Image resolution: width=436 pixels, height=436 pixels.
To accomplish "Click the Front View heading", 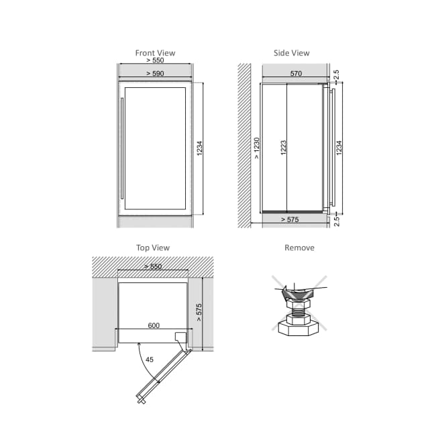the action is (x=155, y=53).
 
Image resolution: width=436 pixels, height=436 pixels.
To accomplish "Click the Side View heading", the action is (x=291, y=53).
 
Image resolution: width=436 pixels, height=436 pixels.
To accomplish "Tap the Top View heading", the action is (x=153, y=248).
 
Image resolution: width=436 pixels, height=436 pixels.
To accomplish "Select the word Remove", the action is (x=299, y=248).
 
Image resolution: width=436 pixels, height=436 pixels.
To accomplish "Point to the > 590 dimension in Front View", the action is (x=155, y=73).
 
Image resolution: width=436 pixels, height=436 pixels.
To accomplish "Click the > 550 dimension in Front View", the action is (x=155, y=60).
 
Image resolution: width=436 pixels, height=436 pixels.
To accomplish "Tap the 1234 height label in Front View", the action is (x=199, y=148).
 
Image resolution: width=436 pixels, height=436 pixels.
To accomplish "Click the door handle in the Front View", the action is (x=122, y=148).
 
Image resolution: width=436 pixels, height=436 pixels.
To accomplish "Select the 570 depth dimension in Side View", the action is (x=296, y=73).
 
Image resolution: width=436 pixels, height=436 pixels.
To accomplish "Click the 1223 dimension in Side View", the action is (x=283, y=148).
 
